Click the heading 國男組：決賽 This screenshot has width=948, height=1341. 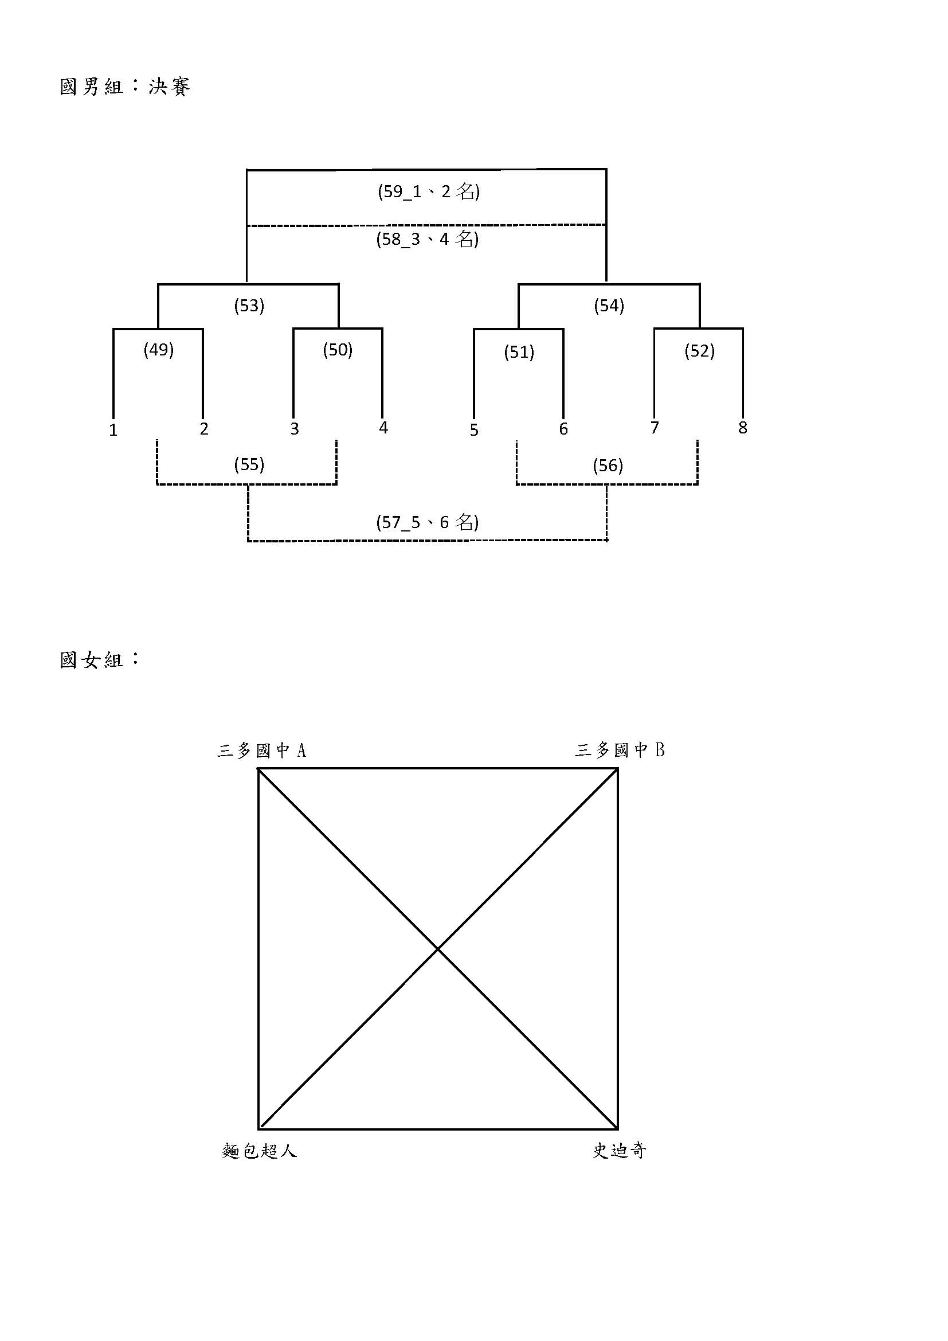point(125,87)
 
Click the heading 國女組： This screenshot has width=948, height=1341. point(100,659)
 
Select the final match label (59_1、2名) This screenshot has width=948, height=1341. point(429,191)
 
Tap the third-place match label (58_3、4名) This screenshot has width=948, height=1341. point(428,239)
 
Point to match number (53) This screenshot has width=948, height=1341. point(249,306)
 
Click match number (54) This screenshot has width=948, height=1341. point(609,306)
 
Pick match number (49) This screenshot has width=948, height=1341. point(159,350)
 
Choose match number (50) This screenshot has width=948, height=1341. point(338,350)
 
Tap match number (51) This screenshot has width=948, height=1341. point(519,352)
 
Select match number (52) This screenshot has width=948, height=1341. point(699,351)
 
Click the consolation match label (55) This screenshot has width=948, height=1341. point(249,464)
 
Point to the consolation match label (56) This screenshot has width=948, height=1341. point(608,466)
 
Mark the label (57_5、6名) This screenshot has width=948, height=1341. point(428,522)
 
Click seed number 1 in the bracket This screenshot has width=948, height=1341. point(113,431)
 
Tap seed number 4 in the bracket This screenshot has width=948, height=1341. point(383,428)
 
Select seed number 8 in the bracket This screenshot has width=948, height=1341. point(742,428)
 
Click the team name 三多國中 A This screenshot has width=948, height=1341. point(261,750)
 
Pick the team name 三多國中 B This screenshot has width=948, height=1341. point(620,750)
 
